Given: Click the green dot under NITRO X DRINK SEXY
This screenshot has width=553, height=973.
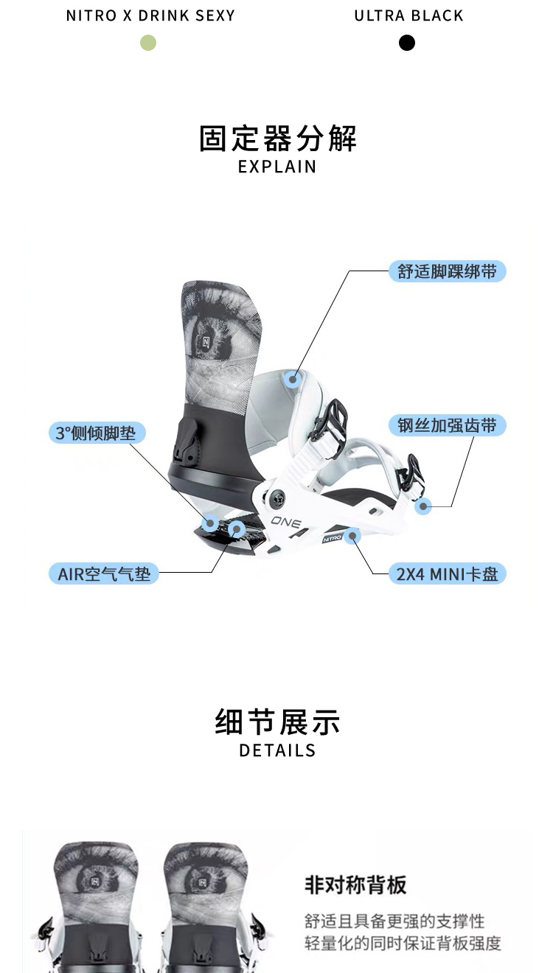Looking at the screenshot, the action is tap(148, 43).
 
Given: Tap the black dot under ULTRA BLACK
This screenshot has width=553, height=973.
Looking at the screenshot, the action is tap(407, 43).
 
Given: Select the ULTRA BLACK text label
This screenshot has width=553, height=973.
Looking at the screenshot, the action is tap(408, 16).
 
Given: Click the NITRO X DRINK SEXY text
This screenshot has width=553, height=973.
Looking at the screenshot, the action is tap(150, 16).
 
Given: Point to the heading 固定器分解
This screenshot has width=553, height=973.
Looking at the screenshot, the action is tap(277, 139).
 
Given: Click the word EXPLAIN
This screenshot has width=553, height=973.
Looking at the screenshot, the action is tap(277, 167).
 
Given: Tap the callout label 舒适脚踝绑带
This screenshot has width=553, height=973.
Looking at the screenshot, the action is tap(448, 271).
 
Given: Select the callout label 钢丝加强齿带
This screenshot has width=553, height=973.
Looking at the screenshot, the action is tap(448, 425).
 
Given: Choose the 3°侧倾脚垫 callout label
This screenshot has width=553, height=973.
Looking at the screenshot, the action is tap(97, 433).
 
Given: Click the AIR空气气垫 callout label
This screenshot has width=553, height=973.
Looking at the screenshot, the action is tap(104, 573).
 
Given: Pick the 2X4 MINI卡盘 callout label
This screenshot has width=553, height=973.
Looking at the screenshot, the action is tap(448, 573).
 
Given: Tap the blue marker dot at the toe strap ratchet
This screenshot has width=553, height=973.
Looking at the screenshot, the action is tap(423, 506).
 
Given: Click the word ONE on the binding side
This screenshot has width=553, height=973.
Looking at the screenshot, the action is tap(286, 522).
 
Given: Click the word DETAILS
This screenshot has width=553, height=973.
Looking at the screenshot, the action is tap(277, 750).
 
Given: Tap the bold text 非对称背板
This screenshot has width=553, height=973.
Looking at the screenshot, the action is tap(355, 885).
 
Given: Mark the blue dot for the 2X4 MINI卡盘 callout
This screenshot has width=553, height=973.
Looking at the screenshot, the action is tap(353, 535).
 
